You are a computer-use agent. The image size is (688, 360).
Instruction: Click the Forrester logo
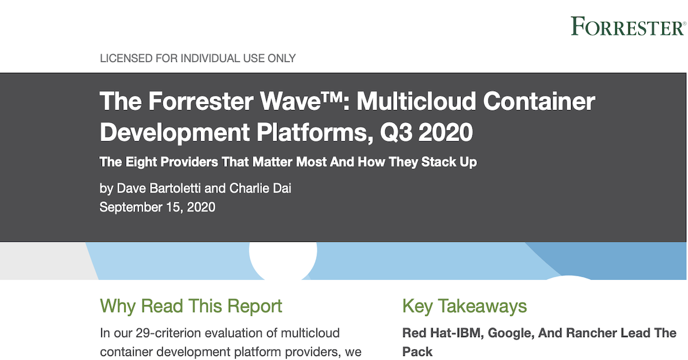click(x=628, y=26)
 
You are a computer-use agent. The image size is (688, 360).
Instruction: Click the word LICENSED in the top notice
click(x=126, y=58)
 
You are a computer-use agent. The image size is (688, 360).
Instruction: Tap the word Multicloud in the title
click(x=416, y=101)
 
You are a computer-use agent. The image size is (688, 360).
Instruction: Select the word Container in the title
click(x=539, y=101)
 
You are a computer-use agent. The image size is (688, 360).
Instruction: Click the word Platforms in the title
click(x=315, y=132)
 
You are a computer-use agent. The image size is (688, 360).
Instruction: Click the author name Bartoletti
click(x=174, y=188)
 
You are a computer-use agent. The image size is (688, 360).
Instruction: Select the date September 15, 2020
click(x=157, y=207)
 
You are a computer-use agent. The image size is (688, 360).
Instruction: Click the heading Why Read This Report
click(x=191, y=306)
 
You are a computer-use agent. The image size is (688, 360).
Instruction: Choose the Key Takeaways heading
click(x=464, y=306)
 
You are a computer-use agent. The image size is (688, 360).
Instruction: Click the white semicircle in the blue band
click(x=283, y=261)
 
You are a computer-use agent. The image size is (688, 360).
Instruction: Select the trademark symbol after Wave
click(x=332, y=97)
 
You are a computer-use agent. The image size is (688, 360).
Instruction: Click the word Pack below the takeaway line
click(x=417, y=352)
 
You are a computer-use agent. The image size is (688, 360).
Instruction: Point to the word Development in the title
click(x=174, y=132)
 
